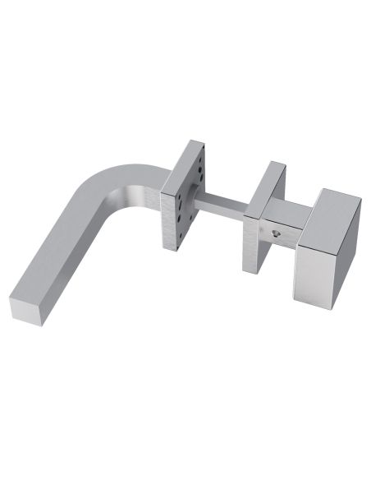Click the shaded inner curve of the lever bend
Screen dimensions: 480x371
[123, 205]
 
